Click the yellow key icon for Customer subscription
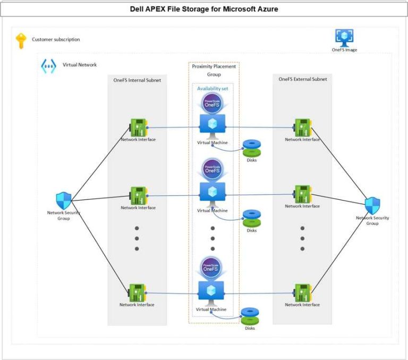(x=21, y=40)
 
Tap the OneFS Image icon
(x=344, y=37)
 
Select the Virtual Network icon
(x=48, y=66)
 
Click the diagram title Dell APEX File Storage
(x=204, y=9)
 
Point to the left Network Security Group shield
(x=63, y=200)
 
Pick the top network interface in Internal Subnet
(x=138, y=128)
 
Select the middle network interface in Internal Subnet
(x=138, y=195)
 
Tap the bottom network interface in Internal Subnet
(x=137, y=292)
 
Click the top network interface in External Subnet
(x=303, y=128)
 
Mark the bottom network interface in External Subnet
(x=303, y=292)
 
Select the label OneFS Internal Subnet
(x=137, y=80)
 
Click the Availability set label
(x=212, y=89)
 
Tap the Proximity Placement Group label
(x=214, y=70)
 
